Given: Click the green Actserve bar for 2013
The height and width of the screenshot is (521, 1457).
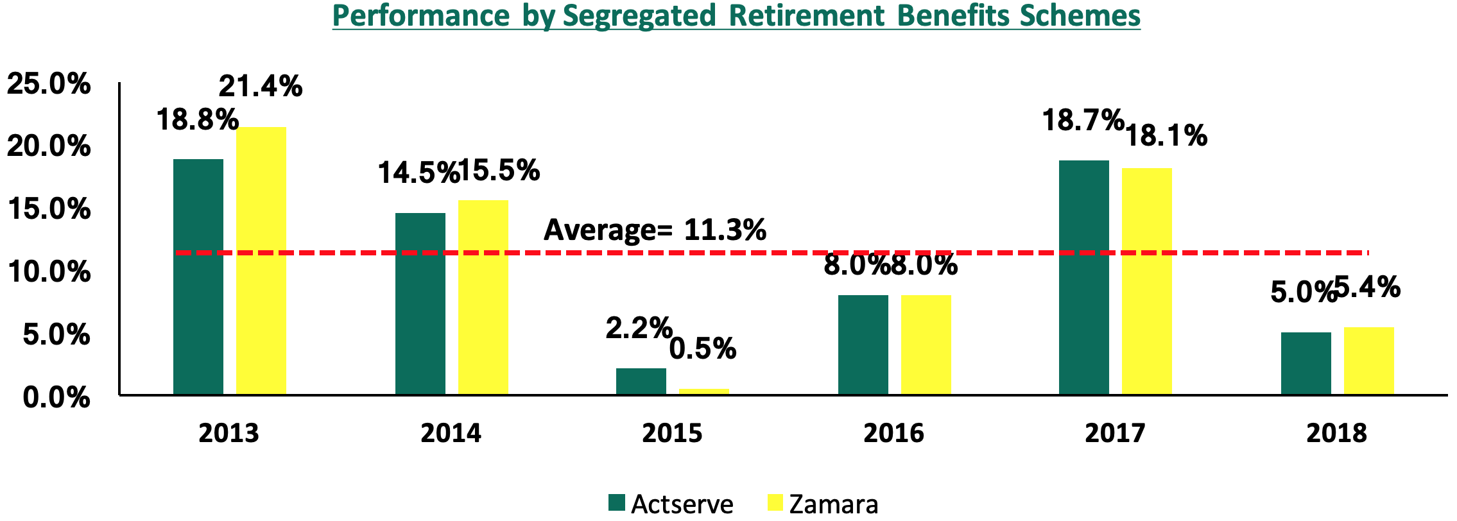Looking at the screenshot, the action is pyautogui.click(x=198, y=277).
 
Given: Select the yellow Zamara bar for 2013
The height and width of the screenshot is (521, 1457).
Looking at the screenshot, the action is pyautogui.click(x=261, y=260).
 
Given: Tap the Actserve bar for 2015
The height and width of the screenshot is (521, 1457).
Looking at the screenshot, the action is pyautogui.click(x=641, y=381).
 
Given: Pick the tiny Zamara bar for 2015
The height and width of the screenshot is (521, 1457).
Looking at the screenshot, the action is pyautogui.click(x=704, y=391).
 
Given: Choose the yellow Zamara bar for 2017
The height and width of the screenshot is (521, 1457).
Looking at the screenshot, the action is pyautogui.click(x=1147, y=281).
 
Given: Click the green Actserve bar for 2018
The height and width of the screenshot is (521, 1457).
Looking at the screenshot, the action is pyautogui.click(x=1306, y=363).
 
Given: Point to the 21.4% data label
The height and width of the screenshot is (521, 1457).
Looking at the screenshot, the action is pyautogui.click(x=261, y=86).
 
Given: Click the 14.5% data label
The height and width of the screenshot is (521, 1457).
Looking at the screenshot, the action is pyautogui.click(x=418, y=173).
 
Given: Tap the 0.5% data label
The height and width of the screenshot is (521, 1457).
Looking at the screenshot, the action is pyautogui.click(x=703, y=348).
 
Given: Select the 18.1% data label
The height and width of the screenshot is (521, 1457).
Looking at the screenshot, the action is pyautogui.click(x=1166, y=136).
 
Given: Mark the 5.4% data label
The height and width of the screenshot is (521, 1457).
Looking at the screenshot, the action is pyautogui.click(x=1367, y=287).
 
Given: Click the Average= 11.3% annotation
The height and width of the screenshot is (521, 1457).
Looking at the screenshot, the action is pyautogui.click(x=655, y=230).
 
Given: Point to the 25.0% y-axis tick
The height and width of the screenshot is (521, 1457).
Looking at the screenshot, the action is pyautogui.click(x=49, y=84).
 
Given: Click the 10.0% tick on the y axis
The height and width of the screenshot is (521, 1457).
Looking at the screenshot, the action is pyautogui.click(x=49, y=272).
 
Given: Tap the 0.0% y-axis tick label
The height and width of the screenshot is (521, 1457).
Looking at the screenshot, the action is pyautogui.click(x=56, y=398).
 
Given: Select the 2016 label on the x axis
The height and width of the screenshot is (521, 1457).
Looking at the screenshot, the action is pyautogui.click(x=893, y=433).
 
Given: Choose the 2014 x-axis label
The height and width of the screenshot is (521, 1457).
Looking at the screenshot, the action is pyautogui.click(x=451, y=433).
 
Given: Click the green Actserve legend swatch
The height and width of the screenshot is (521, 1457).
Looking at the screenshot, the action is pyautogui.click(x=617, y=502).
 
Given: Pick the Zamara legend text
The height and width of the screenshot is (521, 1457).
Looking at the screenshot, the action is pyautogui.click(x=833, y=504).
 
